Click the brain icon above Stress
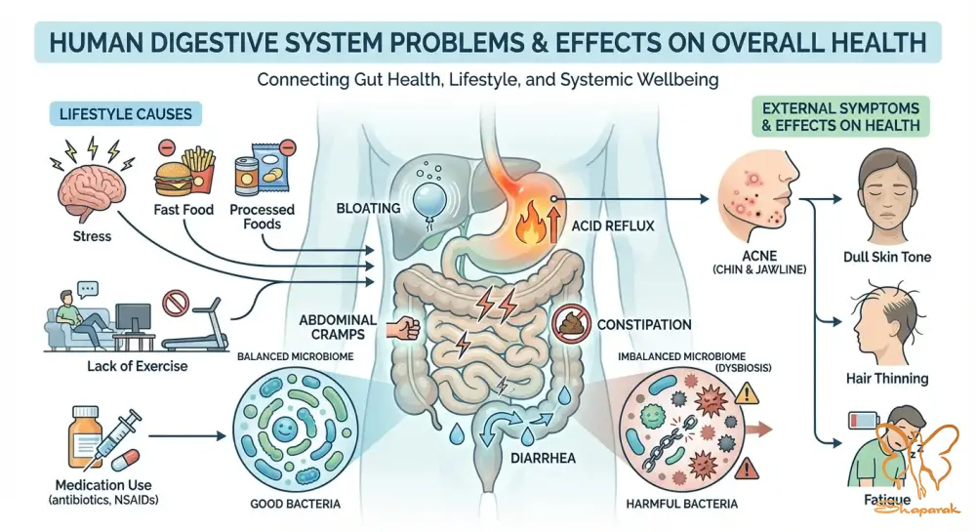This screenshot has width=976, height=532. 92,190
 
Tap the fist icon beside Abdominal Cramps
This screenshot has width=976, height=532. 403,327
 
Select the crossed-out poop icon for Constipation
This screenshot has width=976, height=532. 571,324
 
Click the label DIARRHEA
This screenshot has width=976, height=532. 543,459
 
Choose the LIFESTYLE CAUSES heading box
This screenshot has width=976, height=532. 126,114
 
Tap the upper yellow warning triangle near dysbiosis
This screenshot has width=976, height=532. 746,393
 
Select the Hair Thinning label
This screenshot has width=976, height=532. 887,379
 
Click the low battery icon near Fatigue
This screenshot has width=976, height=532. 864,421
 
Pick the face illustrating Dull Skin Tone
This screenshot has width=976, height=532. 887,193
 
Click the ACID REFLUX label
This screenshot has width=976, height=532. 613,225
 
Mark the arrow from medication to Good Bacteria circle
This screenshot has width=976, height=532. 187,436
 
